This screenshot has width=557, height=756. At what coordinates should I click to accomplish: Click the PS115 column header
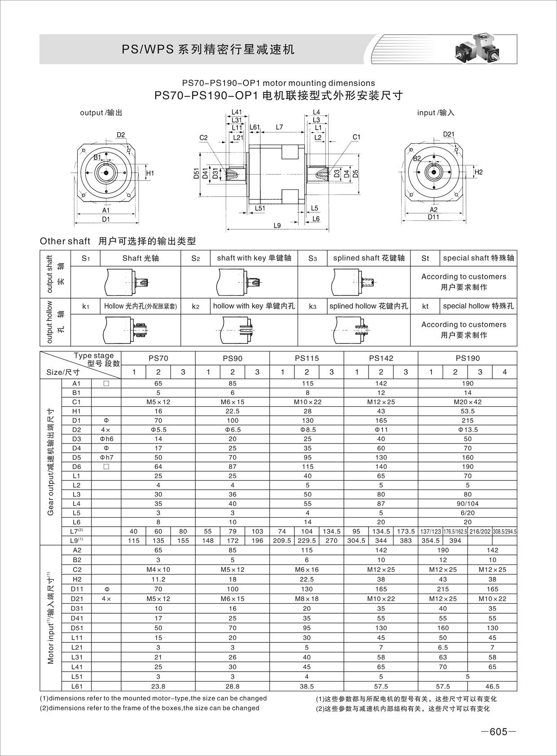(x=307, y=358)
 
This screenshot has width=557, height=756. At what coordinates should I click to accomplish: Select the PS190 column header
(x=467, y=358)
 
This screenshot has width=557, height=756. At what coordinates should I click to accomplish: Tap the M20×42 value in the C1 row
(x=467, y=402)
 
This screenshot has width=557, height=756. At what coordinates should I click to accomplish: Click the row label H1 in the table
(x=76, y=411)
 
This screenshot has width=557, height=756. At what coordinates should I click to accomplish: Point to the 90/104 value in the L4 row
(x=467, y=504)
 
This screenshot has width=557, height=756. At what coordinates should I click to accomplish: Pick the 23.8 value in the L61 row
(x=158, y=686)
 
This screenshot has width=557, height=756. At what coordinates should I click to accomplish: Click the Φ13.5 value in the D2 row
(x=467, y=430)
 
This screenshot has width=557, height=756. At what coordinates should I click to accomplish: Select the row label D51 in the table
(x=76, y=628)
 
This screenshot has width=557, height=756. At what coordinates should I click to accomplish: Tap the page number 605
(x=498, y=732)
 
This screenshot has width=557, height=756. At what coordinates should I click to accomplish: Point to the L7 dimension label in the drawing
(x=279, y=127)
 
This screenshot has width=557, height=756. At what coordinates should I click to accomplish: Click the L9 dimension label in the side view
(x=277, y=225)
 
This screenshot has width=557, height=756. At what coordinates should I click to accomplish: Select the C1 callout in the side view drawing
(x=356, y=137)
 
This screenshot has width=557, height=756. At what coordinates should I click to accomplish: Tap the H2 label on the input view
(x=478, y=172)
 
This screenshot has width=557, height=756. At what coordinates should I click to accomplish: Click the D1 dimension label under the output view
(x=105, y=219)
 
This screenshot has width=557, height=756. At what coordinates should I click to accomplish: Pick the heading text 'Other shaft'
(x=65, y=241)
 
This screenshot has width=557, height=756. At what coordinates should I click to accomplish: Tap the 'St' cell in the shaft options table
(x=425, y=258)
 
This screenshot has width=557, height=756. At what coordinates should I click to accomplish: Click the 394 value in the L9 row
(x=455, y=541)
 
